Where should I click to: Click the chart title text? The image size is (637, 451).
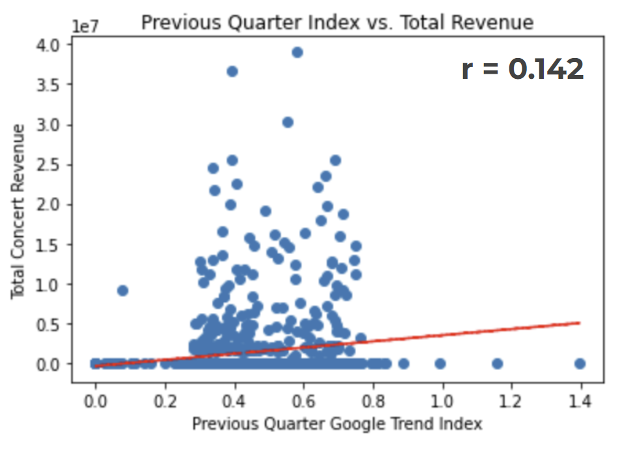337,23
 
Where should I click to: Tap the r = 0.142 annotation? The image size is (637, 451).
522,69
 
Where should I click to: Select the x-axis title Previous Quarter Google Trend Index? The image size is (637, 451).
337,424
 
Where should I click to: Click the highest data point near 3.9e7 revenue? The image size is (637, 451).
297,52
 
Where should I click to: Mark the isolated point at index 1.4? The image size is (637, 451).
580,364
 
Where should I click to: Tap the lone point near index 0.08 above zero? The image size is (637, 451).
122,291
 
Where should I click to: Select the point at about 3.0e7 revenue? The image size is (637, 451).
288,122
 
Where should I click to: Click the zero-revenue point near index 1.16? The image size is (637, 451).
498,364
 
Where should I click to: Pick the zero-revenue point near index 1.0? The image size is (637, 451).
440,364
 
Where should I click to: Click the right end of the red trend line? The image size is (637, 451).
578,323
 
